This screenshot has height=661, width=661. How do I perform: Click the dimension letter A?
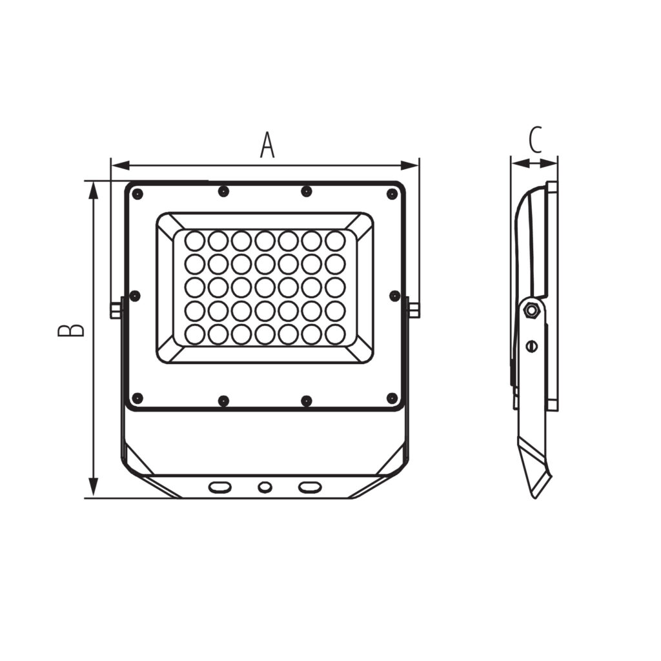click(x=267, y=145)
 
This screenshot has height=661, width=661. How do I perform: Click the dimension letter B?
click(x=71, y=330)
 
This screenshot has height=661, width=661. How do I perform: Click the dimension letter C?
click(x=535, y=140)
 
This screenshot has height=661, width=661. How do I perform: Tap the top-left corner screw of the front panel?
click(x=137, y=194)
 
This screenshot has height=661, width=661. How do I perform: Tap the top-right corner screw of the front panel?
click(x=392, y=194)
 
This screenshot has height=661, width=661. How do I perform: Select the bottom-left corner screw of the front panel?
click(x=137, y=398)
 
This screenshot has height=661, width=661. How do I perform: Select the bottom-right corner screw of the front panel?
click(x=392, y=398)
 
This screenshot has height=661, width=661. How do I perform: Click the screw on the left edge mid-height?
click(x=134, y=296)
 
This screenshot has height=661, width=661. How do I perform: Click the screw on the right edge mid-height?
click(x=395, y=296)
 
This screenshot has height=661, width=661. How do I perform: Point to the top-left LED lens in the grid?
click(x=195, y=241)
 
